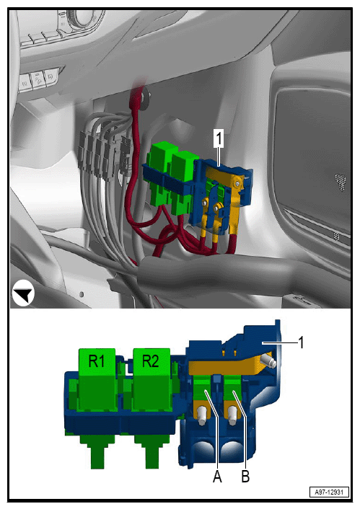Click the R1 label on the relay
coord(97,361)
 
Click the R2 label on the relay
coord(151,361)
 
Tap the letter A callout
coord(217,477)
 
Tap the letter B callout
coord(245,477)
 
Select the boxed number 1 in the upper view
coord(219,138)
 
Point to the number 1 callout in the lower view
coord(301,342)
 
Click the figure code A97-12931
coord(329,492)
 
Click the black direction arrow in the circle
coord(25,293)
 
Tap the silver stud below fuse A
coord(201,415)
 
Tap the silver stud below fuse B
coord(232,415)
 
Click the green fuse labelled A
coord(203,389)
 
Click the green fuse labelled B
coord(232,389)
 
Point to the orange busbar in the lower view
coord(227,366)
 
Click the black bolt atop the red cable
coord(145,94)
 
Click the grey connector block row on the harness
coord(104,154)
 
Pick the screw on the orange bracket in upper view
coord(238,183)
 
